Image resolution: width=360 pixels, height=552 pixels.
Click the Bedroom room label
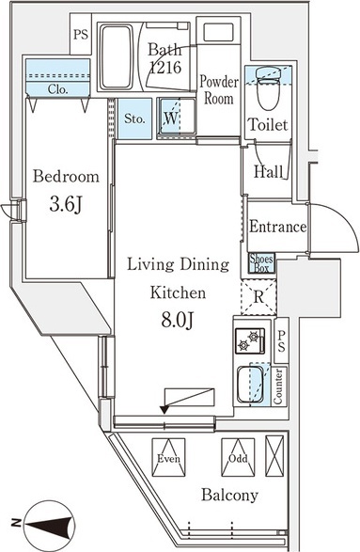coord(66,176)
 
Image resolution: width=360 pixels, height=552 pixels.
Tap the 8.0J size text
coord(178,320)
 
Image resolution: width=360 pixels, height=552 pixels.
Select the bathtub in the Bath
coord(117,56)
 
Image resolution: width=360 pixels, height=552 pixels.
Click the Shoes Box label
coord(261,263)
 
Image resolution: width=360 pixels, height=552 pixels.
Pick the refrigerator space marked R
coord(258,297)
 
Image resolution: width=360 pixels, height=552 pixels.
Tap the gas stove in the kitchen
coord(250,340)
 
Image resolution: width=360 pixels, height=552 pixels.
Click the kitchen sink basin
coord(250,385)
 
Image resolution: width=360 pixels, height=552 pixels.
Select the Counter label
coord(278,386)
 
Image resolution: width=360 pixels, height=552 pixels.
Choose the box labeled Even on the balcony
coord(168,457)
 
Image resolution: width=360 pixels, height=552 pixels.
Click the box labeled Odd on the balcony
coord(238,457)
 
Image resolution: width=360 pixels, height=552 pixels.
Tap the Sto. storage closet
coord(134,118)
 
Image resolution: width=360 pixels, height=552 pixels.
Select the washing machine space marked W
coord(178,117)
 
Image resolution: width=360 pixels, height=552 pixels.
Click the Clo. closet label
coord(57,89)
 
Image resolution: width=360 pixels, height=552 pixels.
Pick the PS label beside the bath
coord(81,35)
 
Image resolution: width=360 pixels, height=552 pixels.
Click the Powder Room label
coord(219,89)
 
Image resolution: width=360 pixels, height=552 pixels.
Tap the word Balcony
coord(229,495)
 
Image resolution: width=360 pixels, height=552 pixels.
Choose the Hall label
coord(269,171)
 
